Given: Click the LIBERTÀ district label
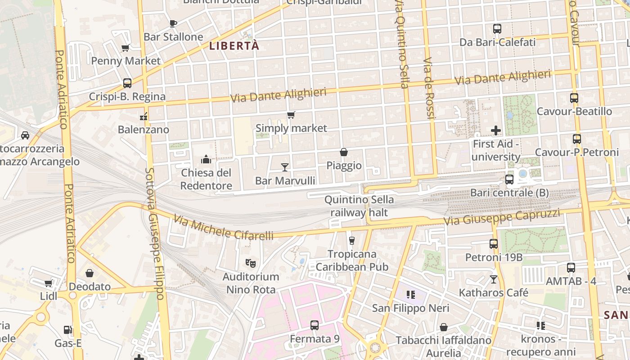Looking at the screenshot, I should [234, 45].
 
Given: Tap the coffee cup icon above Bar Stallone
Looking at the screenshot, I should [173, 23].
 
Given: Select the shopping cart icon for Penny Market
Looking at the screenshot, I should [126, 48].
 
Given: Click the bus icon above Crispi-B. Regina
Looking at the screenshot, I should [127, 83].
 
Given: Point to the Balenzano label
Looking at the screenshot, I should [144, 130].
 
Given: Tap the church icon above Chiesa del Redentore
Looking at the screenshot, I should [206, 159].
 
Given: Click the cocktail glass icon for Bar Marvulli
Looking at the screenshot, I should [285, 167].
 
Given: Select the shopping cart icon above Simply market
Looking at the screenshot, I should [291, 115].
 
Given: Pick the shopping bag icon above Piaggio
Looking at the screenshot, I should [344, 152].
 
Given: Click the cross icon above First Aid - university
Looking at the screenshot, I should [496, 130].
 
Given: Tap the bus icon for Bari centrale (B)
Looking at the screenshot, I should [509, 180].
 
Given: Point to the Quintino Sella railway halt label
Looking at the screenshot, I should [359, 206].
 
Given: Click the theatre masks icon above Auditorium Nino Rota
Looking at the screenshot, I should [251, 262].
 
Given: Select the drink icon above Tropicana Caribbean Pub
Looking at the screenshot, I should [352, 240].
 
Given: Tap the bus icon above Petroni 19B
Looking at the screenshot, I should [494, 244].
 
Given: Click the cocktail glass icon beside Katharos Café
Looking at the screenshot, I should [494, 279].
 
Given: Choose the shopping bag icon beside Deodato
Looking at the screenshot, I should [90, 273].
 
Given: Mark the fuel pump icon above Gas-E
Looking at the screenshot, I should [67, 330].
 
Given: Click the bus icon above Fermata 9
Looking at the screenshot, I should [315, 325].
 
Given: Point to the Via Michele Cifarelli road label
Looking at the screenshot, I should [224, 228].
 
